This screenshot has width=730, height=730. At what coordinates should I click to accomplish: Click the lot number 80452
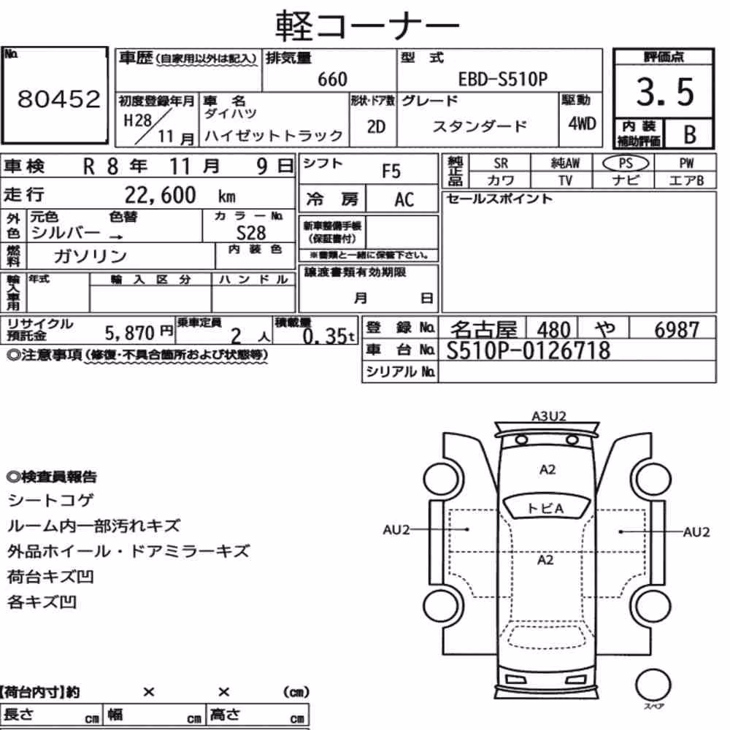tap(58, 99)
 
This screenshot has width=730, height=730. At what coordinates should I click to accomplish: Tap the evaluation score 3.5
tap(665, 92)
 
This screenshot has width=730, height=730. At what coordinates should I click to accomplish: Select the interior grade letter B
tap(690, 134)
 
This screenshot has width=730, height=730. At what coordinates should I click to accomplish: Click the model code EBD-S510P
tap(503, 79)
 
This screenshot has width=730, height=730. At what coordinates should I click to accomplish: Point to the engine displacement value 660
tap(332, 79)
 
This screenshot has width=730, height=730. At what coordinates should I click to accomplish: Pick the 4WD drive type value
tap(582, 124)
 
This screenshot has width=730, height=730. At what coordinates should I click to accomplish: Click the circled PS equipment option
tap(626, 164)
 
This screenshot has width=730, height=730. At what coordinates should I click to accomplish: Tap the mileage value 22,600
tap(160, 195)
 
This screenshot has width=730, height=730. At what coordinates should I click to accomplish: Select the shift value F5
tap(391, 172)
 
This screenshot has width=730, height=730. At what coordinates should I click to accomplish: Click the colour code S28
tap(251, 233)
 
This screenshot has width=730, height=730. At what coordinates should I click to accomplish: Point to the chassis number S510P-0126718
tap(528, 350)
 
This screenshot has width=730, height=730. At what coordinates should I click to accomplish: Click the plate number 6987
tap(677, 330)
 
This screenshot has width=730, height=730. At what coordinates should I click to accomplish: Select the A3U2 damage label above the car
tap(549, 416)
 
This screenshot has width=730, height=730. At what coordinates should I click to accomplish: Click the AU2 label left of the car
tap(396, 530)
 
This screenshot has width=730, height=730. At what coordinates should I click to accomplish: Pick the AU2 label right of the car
tap(696, 532)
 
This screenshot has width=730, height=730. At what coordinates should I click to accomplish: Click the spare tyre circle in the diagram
tap(653, 685)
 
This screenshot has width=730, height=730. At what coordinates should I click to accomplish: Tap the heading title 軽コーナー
tap(367, 26)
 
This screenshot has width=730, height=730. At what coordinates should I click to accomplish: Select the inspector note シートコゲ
tap(50, 501)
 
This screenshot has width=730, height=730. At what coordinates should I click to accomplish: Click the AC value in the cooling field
tap(404, 200)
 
